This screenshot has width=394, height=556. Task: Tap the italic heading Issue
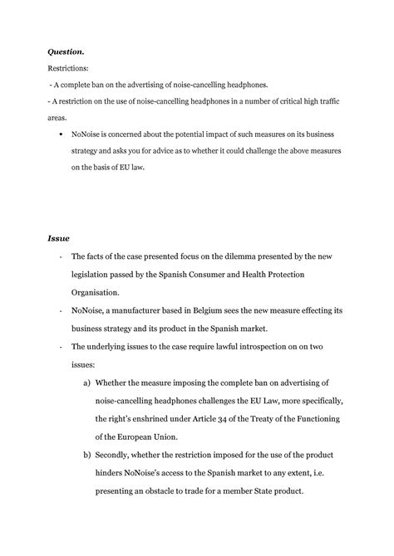coord(59,238)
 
